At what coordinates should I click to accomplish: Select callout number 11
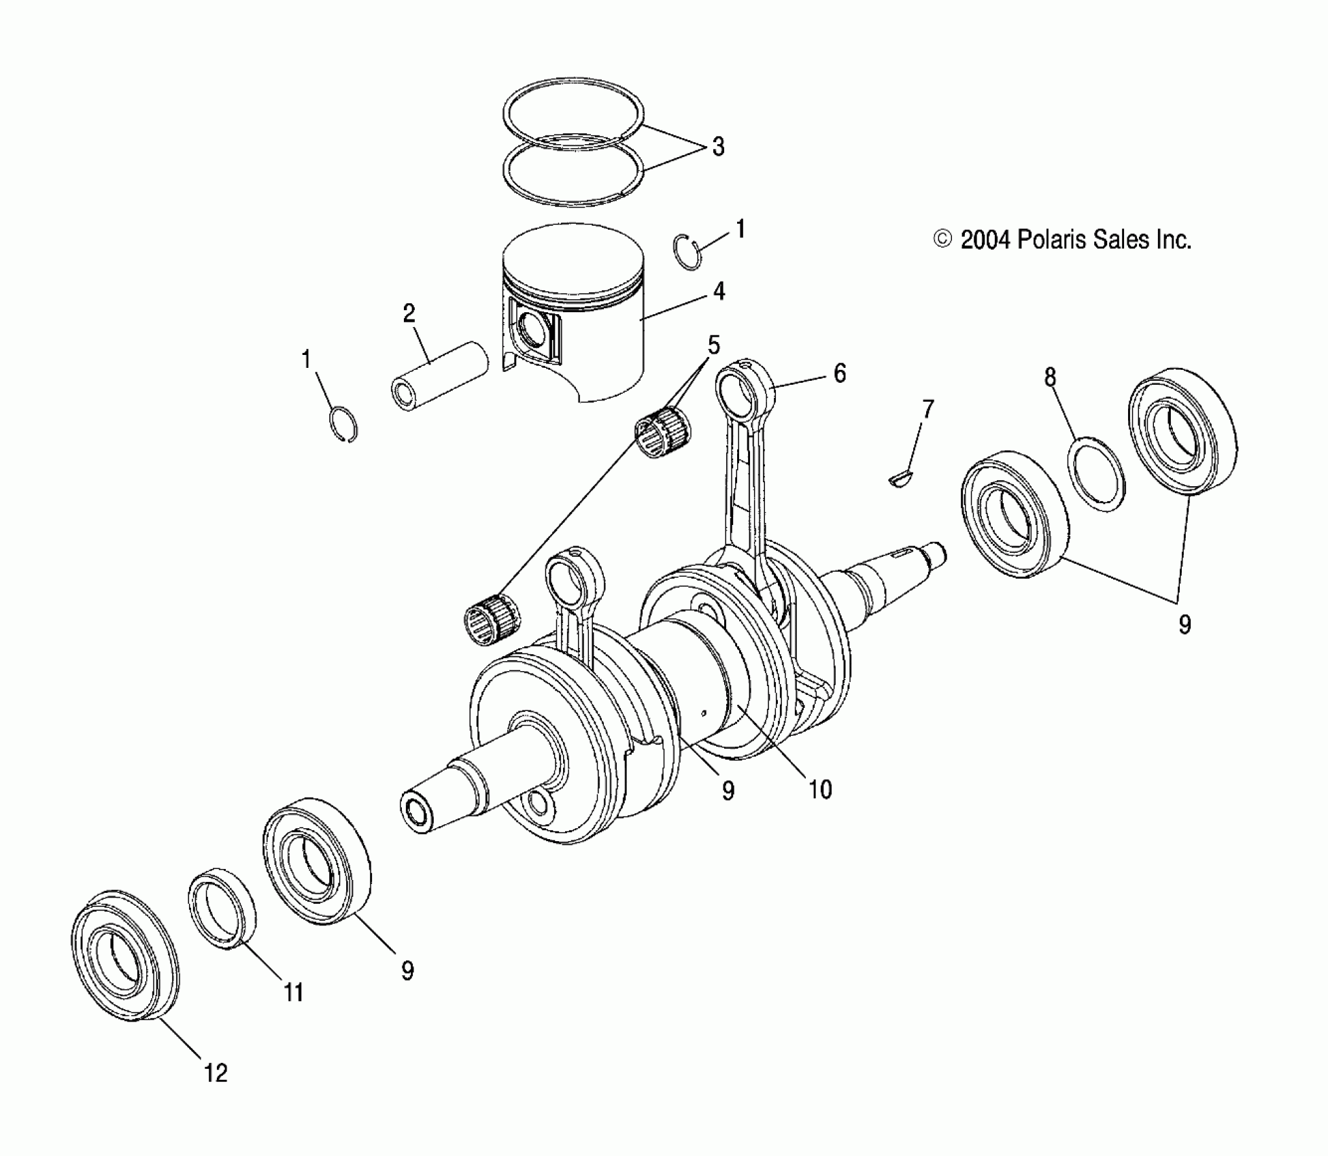click(x=293, y=993)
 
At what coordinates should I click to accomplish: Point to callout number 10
click(x=820, y=789)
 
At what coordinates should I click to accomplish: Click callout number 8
click(x=1050, y=377)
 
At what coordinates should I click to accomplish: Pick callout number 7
click(x=927, y=409)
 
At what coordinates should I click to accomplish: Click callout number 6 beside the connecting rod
click(x=840, y=373)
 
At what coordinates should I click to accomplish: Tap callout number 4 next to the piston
click(x=719, y=291)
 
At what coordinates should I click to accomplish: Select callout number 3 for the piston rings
click(x=718, y=147)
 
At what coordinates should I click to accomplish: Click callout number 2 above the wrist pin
click(x=409, y=313)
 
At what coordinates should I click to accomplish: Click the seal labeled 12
click(x=126, y=955)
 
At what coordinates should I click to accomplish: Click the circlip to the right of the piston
click(x=687, y=252)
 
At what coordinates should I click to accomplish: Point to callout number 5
click(x=713, y=345)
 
